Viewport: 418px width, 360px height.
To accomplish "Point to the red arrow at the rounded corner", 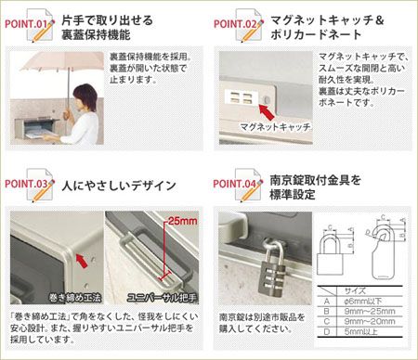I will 85,265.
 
